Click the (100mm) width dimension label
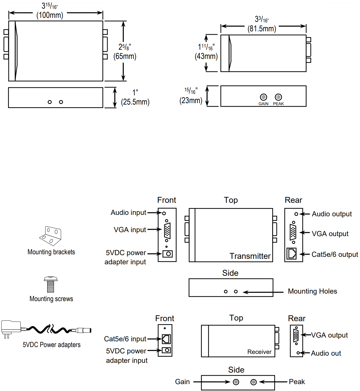[50, 15]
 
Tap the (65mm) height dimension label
[125, 56]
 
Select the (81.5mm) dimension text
[262, 29]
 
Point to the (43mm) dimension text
[206, 56]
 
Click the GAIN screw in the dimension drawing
[263, 97]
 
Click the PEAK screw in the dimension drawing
[278, 97]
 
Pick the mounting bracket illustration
[51, 236]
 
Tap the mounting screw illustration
[51, 284]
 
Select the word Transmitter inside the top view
[250, 256]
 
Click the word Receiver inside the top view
[259, 352]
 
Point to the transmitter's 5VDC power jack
[167, 254]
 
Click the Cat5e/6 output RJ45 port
[292, 254]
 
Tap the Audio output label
[332, 214]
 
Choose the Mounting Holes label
[312, 291]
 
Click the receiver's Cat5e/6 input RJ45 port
[166, 339]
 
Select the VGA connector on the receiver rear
[296, 336]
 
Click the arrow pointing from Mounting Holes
[263, 292]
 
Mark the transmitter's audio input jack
[164, 213]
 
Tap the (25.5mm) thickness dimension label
[135, 102]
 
